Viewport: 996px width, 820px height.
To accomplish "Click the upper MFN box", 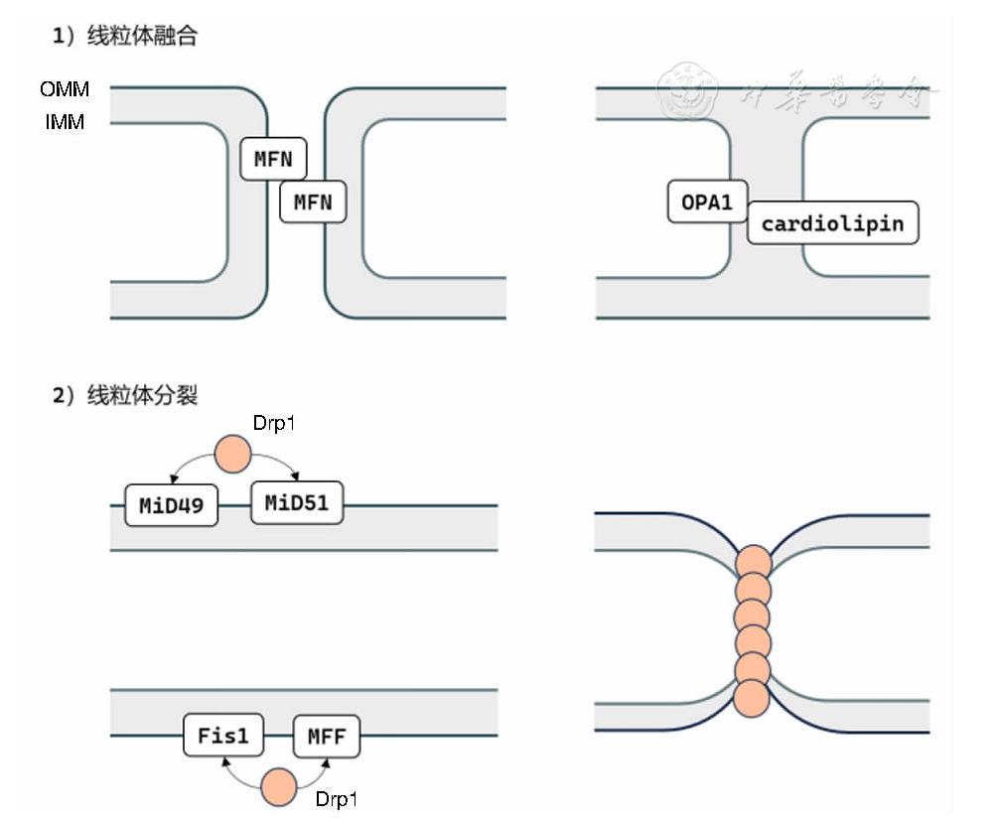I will pos(274,159).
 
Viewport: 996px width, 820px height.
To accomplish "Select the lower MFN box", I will pos(313,204).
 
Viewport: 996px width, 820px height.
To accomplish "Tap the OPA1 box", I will pos(707,203).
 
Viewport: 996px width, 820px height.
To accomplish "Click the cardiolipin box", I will pos(832,223).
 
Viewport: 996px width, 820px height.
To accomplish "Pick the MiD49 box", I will pos(171,505).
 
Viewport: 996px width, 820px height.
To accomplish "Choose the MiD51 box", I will pos(296,502).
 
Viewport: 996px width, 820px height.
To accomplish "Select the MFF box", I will pos(327,737).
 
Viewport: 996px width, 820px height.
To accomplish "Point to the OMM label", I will pos(65,89).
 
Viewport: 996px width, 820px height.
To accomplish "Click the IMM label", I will pos(65,123).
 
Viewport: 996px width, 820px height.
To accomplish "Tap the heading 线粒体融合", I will pos(142,37).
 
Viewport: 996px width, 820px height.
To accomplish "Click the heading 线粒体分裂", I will pos(142,395).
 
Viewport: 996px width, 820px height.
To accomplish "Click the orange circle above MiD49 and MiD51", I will pos(234,455).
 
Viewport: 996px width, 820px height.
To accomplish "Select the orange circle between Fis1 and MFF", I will pos(278,787).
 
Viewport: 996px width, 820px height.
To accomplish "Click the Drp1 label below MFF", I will pos(336,799).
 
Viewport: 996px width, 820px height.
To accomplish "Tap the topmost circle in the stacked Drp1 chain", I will pos(753,562).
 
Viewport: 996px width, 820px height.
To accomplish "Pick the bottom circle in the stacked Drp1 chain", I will pos(752,697).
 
